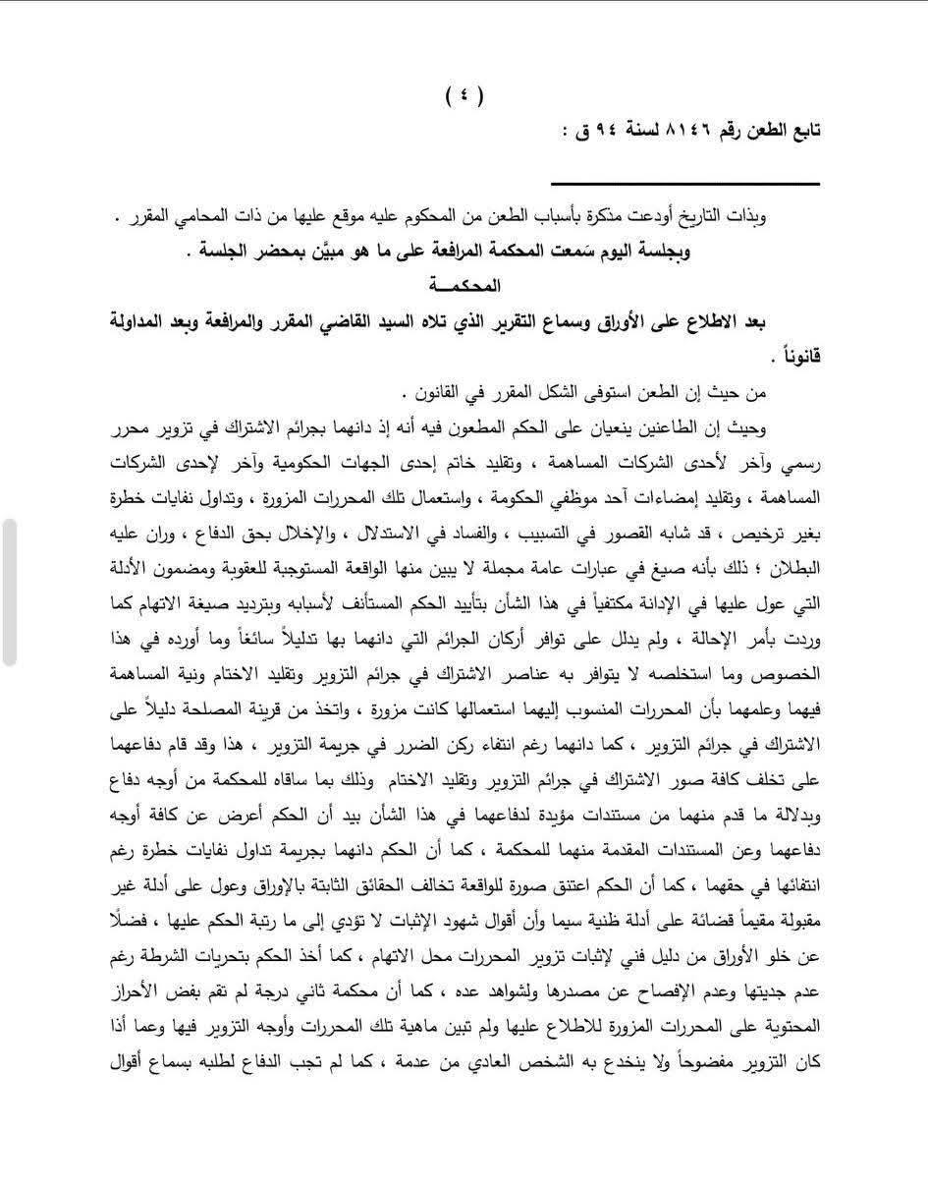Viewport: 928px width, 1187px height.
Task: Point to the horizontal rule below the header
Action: point(684,184)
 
